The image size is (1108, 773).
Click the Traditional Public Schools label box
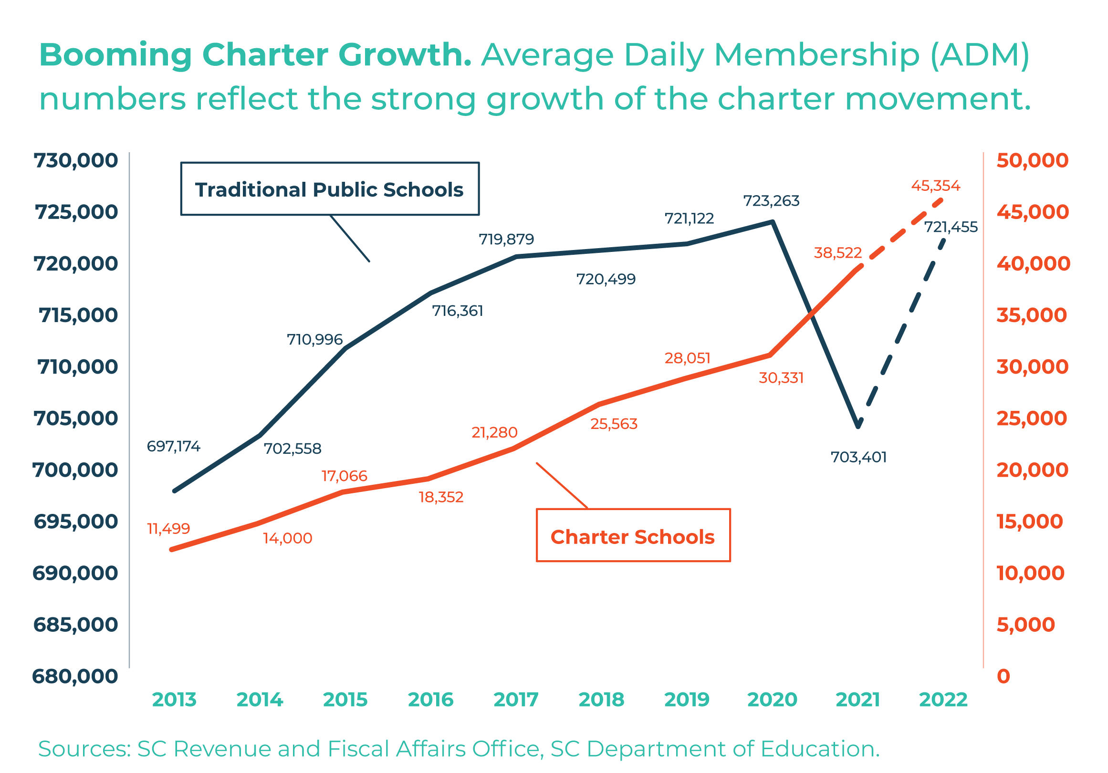[x=330, y=189]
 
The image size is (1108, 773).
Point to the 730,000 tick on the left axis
[x=76, y=161]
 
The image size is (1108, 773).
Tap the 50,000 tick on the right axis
[x=1032, y=161]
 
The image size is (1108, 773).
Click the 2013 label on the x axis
[x=174, y=700]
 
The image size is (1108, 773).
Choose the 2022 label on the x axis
[x=943, y=700]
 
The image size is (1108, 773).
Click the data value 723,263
[x=771, y=201]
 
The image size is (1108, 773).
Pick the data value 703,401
[x=858, y=457]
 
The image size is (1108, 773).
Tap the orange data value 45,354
[x=935, y=186]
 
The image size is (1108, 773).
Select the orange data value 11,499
[x=168, y=529]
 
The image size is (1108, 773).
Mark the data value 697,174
[x=173, y=446]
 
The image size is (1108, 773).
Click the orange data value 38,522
[x=838, y=253]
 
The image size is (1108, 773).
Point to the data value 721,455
[x=950, y=227]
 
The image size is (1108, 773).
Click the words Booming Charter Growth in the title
[x=255, y=54]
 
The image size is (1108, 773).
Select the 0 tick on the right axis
[x=1003, y=677]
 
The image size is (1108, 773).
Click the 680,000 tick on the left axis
[x=75, y=677]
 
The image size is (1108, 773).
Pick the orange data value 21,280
[x=494, y=432]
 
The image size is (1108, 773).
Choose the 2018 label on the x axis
[x=601, y=700]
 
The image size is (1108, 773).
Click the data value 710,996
[x=314, y=340]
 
